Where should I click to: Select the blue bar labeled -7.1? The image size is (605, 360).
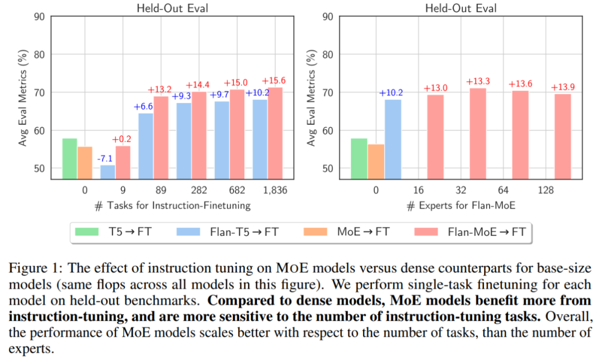tap(108, 172)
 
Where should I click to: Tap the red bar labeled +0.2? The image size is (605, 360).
tap(123, 162)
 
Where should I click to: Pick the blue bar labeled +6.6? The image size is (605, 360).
tap(146, 146)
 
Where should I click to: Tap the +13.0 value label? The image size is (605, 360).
tap(435, 88)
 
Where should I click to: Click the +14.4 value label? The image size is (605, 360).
tap(199, 85)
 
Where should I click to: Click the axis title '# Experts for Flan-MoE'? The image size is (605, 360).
tap(461, 205)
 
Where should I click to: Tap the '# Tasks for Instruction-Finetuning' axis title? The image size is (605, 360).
tap(172, 205)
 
